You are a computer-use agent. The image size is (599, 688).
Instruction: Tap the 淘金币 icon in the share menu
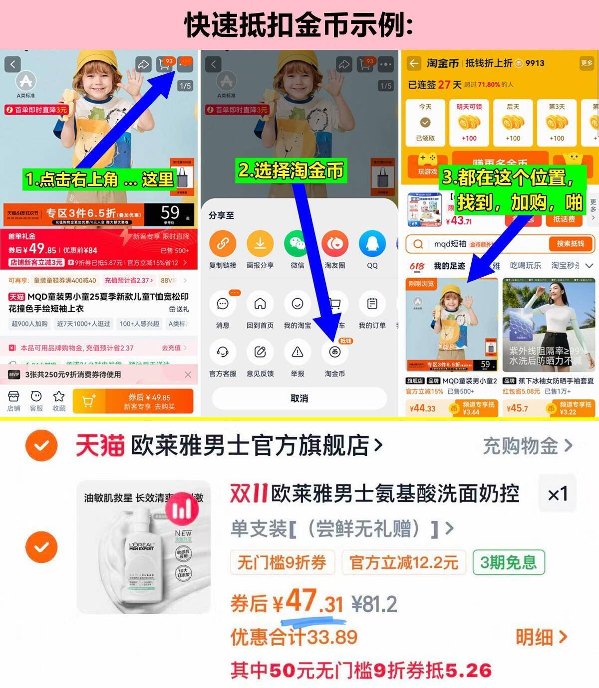tap(334, 352)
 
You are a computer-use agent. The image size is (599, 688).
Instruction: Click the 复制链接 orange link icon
tap(223, 244)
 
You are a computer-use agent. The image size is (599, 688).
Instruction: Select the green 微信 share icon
tap(298, 244)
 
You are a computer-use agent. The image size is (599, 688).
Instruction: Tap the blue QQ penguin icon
tap(372, 244)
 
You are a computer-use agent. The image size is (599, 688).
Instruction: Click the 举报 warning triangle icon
tap(298, 352)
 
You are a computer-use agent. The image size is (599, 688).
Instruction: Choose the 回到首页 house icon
tap(260, 304)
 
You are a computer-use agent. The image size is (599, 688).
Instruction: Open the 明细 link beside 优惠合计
tap(541, 637)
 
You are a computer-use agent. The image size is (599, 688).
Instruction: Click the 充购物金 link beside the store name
tap(527, 446)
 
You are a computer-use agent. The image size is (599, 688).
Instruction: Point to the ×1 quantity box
tap(557, 494)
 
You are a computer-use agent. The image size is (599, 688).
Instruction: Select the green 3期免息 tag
tap(508, 562)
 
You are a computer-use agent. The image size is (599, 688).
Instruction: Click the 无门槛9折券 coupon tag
tap(282, 562)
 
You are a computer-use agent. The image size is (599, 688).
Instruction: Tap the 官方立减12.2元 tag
tap(403, 562)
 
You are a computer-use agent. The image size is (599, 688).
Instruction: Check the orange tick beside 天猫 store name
tap(41, 445)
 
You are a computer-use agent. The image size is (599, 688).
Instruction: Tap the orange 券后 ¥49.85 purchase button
tap(133, 401)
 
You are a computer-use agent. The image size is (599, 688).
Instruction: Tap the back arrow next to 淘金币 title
tap(414, 63)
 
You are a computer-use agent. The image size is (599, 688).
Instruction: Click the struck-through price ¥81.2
tap(374, 604)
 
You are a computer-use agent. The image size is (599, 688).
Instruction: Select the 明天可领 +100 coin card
tap(469, 123)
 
